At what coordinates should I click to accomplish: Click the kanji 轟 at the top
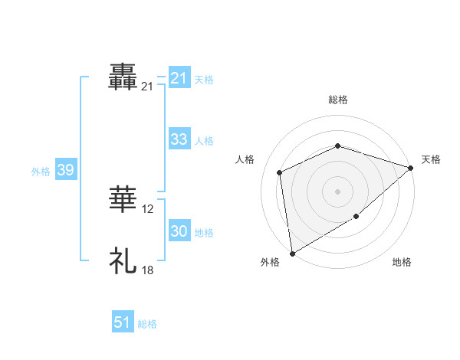click(123, 78)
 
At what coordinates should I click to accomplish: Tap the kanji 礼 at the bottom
click(123, 261)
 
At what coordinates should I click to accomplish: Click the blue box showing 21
click(179, 78)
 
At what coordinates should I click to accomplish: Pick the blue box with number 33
click(179, 139)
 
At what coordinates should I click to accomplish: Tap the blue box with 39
click(65, 170)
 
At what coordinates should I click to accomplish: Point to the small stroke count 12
click(148, 209)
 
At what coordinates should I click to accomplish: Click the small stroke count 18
click(148, 270)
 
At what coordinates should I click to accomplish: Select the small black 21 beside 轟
click(147, 87)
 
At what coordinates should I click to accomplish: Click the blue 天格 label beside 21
click(204, 79)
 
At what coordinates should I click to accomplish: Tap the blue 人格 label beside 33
click(204, 141)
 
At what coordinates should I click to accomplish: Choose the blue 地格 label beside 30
click(204, 233)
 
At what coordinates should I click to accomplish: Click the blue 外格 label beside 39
click(41, 172)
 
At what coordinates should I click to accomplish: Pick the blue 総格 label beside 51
click(147, 324)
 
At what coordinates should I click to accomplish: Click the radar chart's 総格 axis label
click(338, 100)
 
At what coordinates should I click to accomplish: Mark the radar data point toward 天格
click(412, 168)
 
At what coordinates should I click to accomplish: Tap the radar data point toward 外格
click(292, 254)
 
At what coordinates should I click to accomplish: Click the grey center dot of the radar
click(338, 191)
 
